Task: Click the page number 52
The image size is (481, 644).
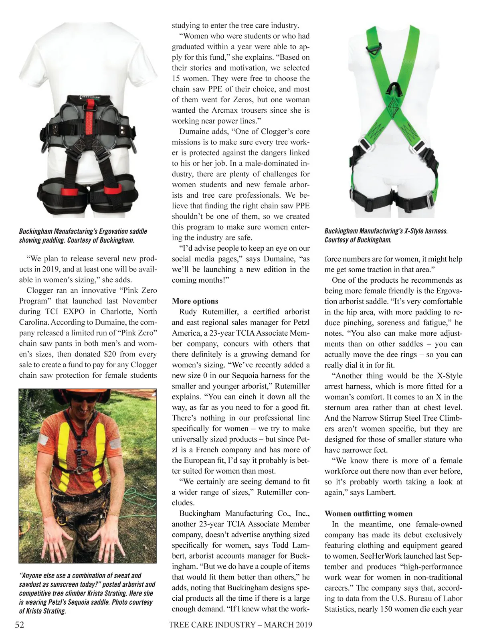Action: tap(19, 625)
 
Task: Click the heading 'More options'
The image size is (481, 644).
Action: tap(195, 301)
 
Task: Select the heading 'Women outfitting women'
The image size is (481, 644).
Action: tap(368, 514)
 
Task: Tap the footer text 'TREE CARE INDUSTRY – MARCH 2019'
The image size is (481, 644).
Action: tap(240, 625)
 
